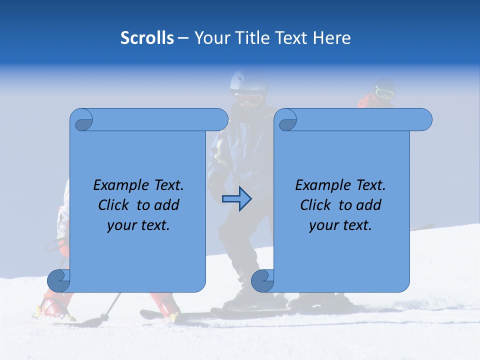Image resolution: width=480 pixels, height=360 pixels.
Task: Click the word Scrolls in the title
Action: [147, 38]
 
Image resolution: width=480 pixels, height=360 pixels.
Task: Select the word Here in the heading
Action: [332, 38]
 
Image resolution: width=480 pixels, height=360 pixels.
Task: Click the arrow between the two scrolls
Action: [236, 199]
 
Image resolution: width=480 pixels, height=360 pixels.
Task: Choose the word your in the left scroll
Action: [120, 225]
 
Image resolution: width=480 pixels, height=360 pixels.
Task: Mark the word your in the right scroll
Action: [322, 225]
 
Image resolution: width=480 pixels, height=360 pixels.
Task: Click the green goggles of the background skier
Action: [383, 93]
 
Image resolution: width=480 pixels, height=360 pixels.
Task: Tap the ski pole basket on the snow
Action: [104, 317]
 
